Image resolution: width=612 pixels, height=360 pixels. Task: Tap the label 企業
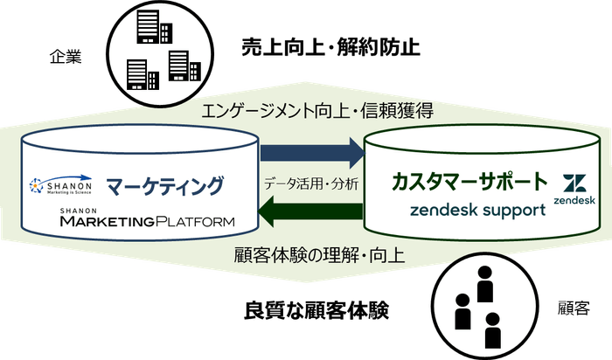click(x=63, y=59)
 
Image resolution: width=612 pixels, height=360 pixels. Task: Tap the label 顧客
click(x=574, y=309)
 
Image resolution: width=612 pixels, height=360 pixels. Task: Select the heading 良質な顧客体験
click(x=316, y=309)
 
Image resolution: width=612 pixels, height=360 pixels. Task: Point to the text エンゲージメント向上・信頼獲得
click(x=317, y=111)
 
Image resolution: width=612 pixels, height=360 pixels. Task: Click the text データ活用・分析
click(x=312, y=184)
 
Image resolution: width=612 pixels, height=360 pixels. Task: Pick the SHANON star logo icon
click(x=37, y=185)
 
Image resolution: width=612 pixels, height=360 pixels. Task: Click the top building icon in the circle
click(x=146, y=31)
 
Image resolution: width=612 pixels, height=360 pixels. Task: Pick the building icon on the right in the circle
click(x=178, y=66)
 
